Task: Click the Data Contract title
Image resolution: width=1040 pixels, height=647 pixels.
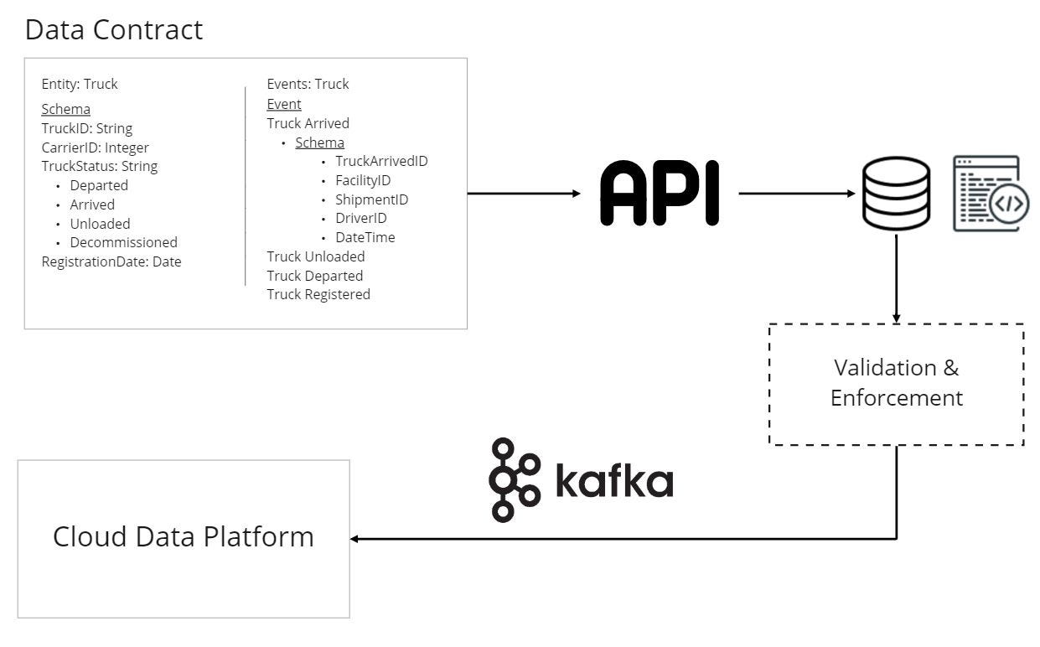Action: click(x=113, y=30)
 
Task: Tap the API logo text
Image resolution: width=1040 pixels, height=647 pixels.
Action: click(x=660, y=194)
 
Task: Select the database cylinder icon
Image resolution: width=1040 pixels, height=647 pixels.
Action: click(x=896, y=194)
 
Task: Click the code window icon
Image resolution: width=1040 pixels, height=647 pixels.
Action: click(x=991, y=194)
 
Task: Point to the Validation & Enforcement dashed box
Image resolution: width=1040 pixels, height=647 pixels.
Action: click(x=896, y=383)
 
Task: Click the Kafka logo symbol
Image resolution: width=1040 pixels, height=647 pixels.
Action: click(x=514, y=479)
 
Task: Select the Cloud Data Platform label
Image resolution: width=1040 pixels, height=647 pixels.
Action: click(x=183, y=536)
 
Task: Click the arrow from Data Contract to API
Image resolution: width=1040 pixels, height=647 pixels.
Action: click(x=523, y=194)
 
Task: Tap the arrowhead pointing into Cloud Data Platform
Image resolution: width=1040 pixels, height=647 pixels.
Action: click(x=355, y=539)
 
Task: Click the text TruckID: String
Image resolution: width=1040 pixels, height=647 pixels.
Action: click(x=86, y=128)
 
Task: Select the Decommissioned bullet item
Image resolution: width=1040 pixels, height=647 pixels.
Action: click(x=123, y=242)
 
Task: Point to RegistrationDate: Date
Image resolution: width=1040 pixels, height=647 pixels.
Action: click(x=111, y=261)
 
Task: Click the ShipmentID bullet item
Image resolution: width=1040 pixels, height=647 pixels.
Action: click(x=371, y=199)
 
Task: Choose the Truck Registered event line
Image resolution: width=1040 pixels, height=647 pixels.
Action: click(x=318, y=294)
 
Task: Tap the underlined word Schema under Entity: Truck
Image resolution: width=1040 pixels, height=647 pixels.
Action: click(x=65, y=109)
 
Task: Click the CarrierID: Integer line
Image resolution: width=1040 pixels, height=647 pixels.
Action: click(x=95, y=148)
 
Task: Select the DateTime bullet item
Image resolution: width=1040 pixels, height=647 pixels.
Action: click(x=365, y=237)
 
